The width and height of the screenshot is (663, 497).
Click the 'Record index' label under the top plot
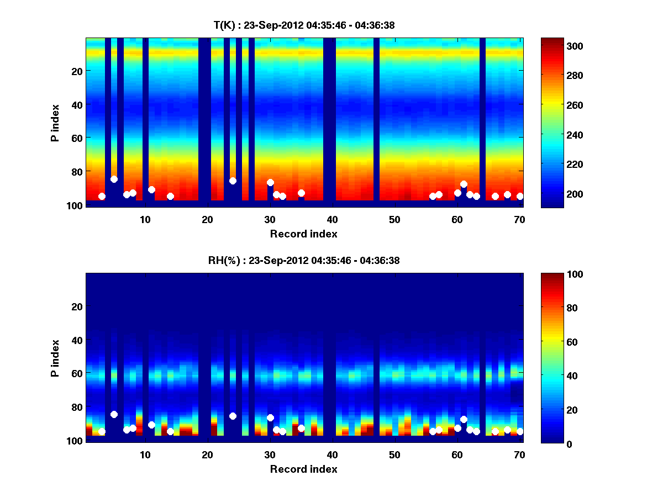(x=303, y=234)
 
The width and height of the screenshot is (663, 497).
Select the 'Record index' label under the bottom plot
(x=303, y=469)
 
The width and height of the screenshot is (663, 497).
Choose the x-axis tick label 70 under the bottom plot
(x=519, y=454)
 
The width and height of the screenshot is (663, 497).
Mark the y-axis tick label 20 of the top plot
(x=76, y=71)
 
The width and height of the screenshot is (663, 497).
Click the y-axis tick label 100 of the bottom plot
(x=74, y=441)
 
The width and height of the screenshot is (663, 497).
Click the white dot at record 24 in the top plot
(x=233, y=181)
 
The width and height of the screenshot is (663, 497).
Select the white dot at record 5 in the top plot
(x=114, y=179)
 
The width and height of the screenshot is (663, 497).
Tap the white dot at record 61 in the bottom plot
(x=464, y=419)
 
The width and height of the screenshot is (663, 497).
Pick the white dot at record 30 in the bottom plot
(x=270, y=417)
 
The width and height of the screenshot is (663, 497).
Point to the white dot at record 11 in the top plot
(x=151, y=189)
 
